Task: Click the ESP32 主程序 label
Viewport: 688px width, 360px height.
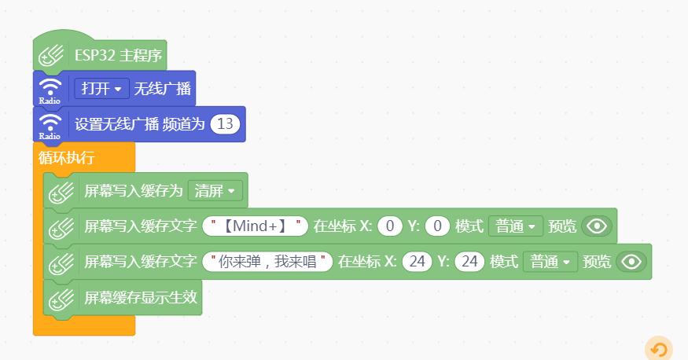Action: point(118,56)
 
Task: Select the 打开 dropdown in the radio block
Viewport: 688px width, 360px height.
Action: point(101,89)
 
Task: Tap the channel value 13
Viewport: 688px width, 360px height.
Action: point(225,124)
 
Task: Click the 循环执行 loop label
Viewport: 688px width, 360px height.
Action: point(66,157)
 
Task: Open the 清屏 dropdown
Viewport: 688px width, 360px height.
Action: point(215,191)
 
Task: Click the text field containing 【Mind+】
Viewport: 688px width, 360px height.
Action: point(256,226)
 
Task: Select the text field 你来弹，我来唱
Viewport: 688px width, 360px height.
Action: point(267,262)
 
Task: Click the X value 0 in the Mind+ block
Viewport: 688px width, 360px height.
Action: point(390,226)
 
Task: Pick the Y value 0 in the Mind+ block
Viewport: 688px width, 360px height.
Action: point(437,226)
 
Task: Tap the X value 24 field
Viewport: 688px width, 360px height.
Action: point(417,262)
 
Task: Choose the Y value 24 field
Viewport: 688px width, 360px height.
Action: point(469,262)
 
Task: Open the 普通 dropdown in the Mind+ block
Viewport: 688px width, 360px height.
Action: point(516,226)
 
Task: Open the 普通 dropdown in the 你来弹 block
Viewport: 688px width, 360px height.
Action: point(550,262)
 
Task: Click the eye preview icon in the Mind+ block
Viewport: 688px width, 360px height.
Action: point(597,226)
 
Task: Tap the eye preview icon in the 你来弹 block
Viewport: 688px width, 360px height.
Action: point(631,262)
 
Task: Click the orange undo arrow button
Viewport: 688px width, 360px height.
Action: point(659,350)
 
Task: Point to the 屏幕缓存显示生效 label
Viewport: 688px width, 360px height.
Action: point(141,297)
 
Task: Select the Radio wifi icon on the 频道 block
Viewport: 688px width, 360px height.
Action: point(50,127)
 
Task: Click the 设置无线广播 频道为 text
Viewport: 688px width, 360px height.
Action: point(139,124)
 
